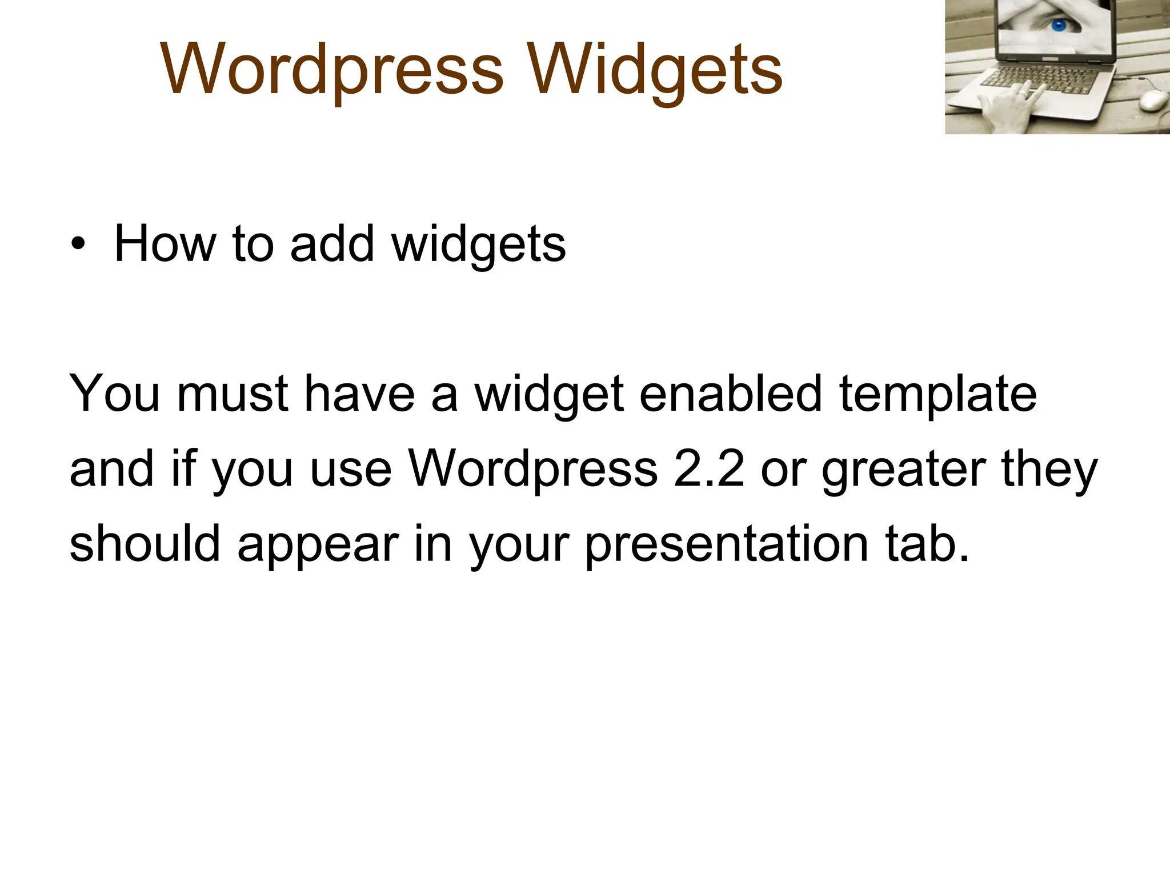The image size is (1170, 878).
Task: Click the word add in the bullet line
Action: tap(332, 244)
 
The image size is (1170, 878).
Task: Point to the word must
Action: tap(233, 394)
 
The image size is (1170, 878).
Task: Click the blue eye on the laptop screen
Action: tap(1059, 26)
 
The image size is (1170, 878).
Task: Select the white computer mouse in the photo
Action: tap(1153, 101)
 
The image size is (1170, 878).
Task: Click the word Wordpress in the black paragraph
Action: tap(534, 470)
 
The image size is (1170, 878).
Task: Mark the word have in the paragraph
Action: tap(359, 394)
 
